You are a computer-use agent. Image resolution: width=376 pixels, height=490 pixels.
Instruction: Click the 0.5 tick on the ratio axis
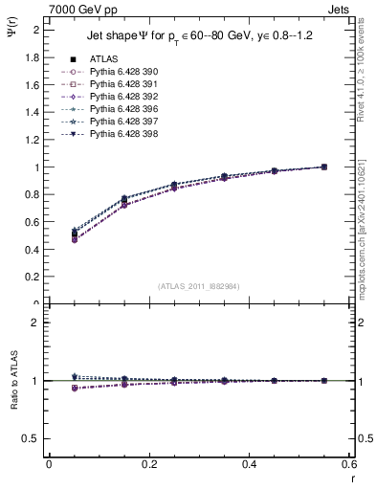coord(31,438)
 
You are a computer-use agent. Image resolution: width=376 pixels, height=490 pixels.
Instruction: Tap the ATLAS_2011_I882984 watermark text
coord(199,286)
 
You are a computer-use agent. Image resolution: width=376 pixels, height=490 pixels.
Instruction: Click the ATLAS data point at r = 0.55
coord(324,167)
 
